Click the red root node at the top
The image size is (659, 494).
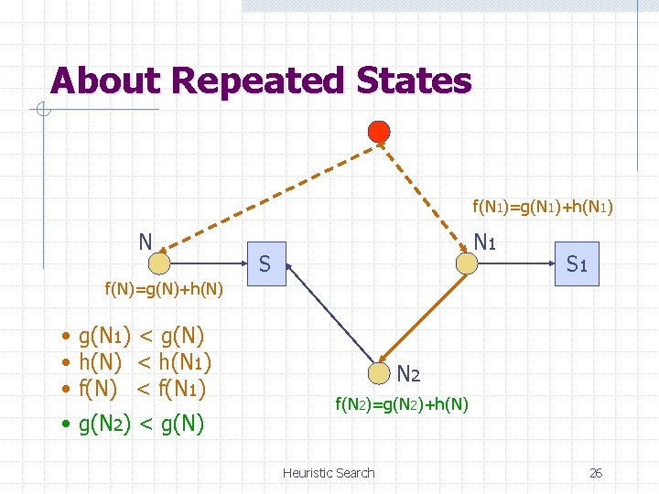378,131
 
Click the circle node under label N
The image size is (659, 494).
159,263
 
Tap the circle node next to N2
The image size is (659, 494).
381,372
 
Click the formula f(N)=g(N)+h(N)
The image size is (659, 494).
163,290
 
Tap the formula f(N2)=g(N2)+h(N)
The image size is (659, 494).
402,403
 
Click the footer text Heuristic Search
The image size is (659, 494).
329,473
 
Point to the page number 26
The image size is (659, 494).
596,473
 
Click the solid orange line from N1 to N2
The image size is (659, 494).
426,317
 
